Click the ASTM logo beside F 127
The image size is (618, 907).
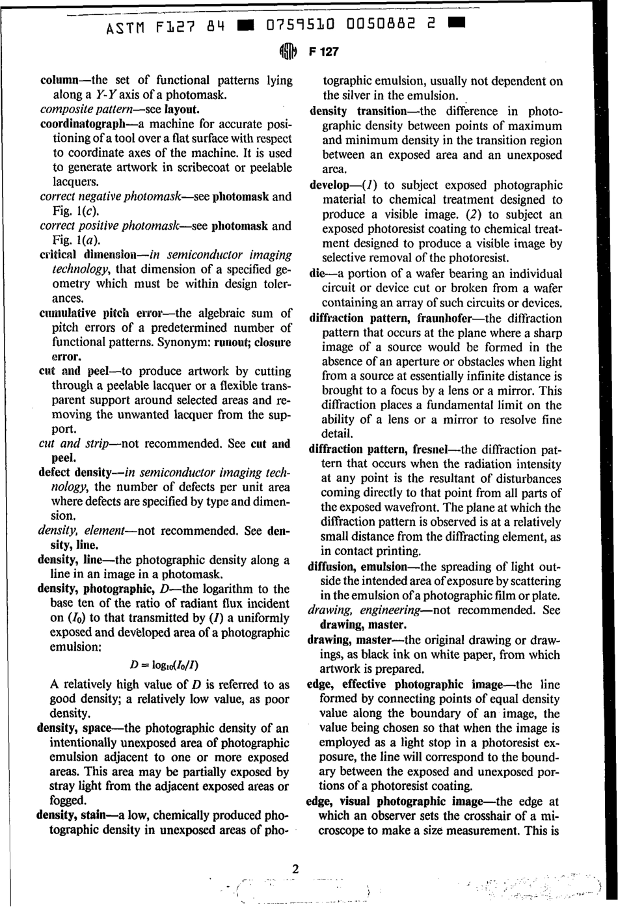click(288, 52)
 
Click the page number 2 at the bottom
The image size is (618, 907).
click(296, 869)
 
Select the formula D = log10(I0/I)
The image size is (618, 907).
click(164, 665)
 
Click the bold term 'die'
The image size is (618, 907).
click(317, 274)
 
